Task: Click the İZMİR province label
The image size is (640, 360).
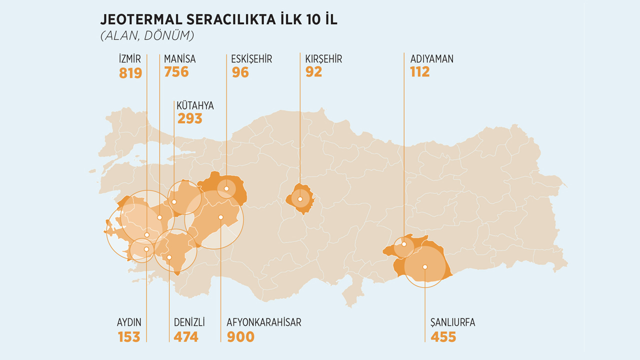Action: click(x=130, y=59)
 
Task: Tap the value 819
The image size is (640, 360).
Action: click(x=130, y=73)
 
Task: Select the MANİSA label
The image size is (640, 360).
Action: click(x=180, y=59)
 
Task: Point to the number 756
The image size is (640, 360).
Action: click(x=176, y=72)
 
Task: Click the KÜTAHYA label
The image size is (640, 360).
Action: click(x=195, y=105)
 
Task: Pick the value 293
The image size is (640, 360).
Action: click(x=190, y=118)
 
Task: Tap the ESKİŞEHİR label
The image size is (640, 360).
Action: click(x=251, y=59)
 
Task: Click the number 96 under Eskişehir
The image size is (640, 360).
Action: click(x=240, y=72)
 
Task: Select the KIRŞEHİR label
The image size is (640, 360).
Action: click(x=323, y=59)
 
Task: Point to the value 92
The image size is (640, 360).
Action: click(x=313, y=72)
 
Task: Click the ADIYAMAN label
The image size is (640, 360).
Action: click(x=431, y=59)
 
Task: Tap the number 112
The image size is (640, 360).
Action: click(x=419, y=72)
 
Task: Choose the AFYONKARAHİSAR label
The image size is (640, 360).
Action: click(x=264, y=322)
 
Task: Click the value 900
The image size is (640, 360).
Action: click(x=240, y=336)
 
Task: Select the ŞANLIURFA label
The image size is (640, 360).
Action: click(x=452, y=322)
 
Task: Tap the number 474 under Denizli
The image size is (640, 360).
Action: click(x=186, y=336)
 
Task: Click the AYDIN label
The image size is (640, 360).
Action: click(x=129, y=322)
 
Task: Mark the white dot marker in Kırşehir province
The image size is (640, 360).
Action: click(x=300, y=199)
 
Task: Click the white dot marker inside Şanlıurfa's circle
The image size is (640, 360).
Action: click(x=424, y=266)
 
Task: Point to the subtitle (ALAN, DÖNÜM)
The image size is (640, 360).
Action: click(x=147, y=36)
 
